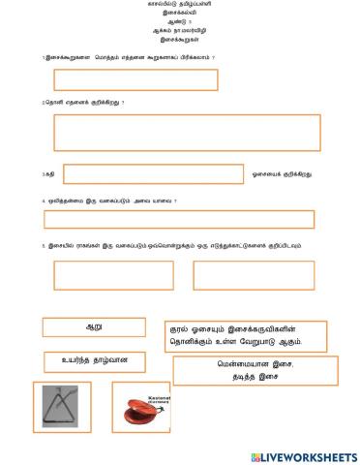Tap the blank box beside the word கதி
click(x=152, y=174)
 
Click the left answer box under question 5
click(x=101, y=275)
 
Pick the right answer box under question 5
click(x=253, y=275)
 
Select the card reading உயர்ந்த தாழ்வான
click(x=94, y=362)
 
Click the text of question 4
click(x=110, y=201)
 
